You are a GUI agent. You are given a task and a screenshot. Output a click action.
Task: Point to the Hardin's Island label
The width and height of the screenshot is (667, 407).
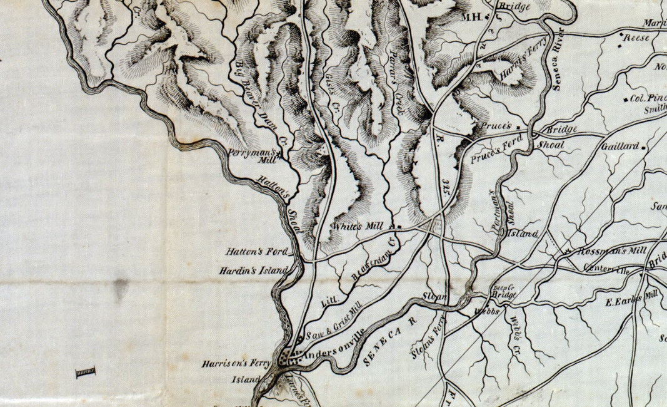(254, 271)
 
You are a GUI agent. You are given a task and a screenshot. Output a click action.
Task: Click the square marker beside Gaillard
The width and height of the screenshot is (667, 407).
(644, 147)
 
